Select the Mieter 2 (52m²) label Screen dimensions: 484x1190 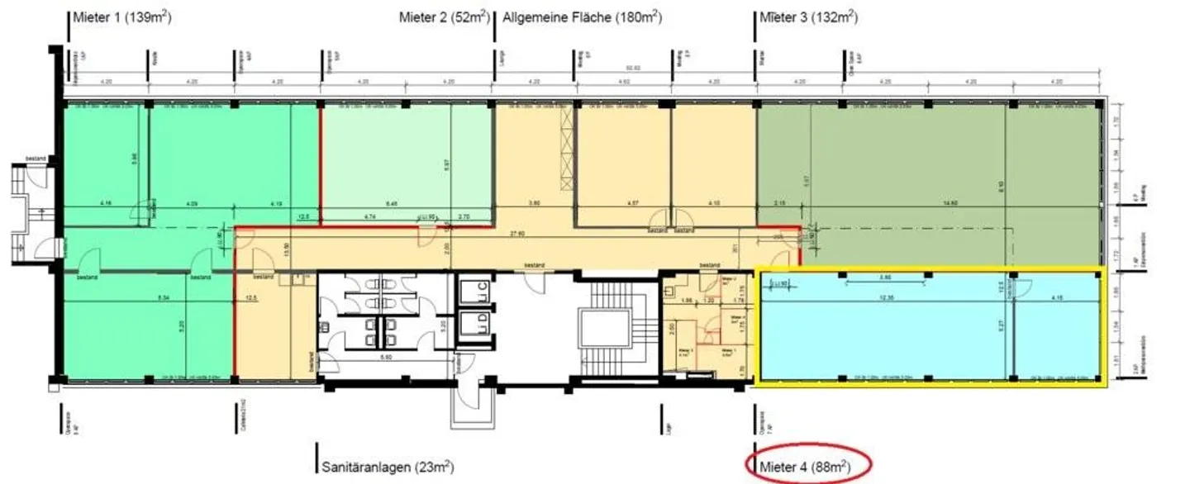click(444, 17)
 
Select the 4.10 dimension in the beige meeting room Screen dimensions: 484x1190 click(712, 203)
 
